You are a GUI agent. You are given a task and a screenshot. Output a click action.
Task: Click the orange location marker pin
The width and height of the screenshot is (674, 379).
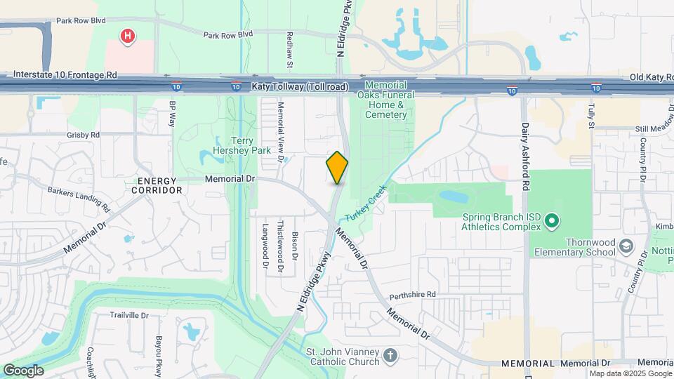(x=337, y=168)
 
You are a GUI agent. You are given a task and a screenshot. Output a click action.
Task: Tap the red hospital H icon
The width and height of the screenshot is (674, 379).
(x=127, y=36)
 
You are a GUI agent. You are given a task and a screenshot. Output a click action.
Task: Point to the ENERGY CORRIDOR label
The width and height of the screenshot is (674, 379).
(x=155, y=185)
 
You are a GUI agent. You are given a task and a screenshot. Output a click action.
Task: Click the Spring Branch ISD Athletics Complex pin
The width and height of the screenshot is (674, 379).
(x=552, y=222)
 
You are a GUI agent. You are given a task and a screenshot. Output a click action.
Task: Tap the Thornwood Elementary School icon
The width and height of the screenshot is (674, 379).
(x=626, y=246)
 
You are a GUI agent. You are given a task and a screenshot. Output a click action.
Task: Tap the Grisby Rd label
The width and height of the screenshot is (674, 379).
(x=84, y=134)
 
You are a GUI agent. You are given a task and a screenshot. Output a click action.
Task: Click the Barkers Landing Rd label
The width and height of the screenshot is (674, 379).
(x=79, y=198)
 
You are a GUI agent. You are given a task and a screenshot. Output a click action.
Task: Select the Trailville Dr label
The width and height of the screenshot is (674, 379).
(x=129, y=315)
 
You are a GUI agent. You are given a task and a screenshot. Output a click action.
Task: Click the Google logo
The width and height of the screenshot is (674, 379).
(x=23, y=371)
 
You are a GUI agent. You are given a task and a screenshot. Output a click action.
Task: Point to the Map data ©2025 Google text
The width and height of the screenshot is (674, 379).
(x=629, y=373)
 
